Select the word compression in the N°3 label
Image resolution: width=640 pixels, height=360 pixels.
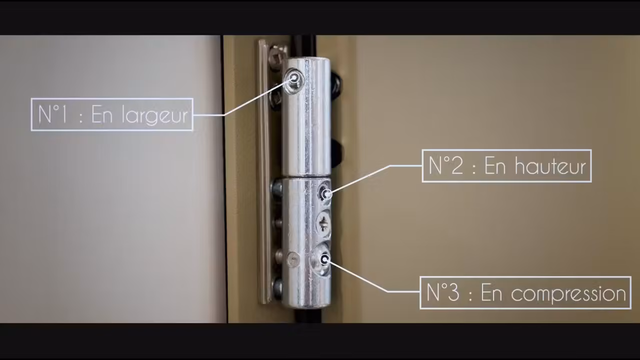(568, 293)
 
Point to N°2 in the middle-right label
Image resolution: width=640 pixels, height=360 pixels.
(446, 165)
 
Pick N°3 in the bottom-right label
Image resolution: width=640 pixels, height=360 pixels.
(443, 292)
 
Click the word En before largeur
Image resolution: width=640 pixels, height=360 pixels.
(101, 114)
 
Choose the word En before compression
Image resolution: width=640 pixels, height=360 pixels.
(491, 292)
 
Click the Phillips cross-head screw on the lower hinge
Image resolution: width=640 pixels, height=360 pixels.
(324, 223)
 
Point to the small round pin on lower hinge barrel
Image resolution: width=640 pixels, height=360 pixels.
(293, 259)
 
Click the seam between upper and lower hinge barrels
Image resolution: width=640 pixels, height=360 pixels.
(306, 177)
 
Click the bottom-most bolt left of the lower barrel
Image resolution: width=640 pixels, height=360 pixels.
(277, 286)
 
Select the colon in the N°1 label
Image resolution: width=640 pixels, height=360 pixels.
(81, 117)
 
